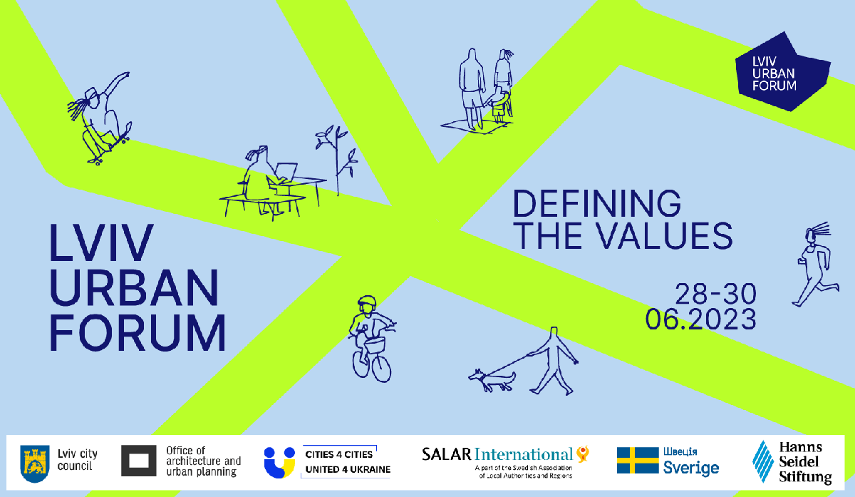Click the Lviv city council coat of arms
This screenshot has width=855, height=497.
35,463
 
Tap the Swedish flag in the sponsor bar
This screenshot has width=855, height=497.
638,460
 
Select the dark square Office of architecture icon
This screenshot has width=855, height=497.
138,461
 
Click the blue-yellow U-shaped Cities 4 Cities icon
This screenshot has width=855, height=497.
280,463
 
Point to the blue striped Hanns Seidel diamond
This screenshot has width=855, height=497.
763,461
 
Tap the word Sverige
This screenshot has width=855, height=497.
691,468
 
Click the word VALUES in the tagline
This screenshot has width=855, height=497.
665,236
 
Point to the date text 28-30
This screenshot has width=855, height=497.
715,294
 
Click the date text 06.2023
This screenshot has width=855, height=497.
701,319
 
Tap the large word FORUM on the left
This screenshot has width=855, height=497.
138,332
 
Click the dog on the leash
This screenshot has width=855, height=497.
492,380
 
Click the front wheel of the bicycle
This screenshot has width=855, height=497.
381,368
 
